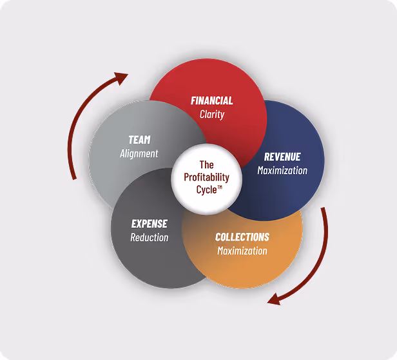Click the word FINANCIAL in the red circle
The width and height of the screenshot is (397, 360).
click(x=212, y=101)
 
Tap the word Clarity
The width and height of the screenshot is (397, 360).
click(x=212, y=114)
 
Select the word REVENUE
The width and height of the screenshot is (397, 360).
click(x=282, y=157)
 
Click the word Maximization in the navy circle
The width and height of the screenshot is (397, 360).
click(x=282, y=170)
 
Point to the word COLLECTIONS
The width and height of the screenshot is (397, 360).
click(x=242, y=237)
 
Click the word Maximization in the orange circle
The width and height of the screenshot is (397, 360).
click(x=242, y=250)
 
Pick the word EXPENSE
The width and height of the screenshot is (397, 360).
click(x=150, y=224)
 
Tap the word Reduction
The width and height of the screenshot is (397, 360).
click(x=150, y=237)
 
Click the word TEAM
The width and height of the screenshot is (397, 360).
click(x=139, y=140)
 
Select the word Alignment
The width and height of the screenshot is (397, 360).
click(x=139, y=154)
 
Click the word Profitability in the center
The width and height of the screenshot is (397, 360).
click(x=206, y=177)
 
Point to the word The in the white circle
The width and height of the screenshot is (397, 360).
click(x=206, y=165)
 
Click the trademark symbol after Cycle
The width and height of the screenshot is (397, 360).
click(x=219, y=187)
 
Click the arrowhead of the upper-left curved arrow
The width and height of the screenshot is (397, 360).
click(x=121, y=79)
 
